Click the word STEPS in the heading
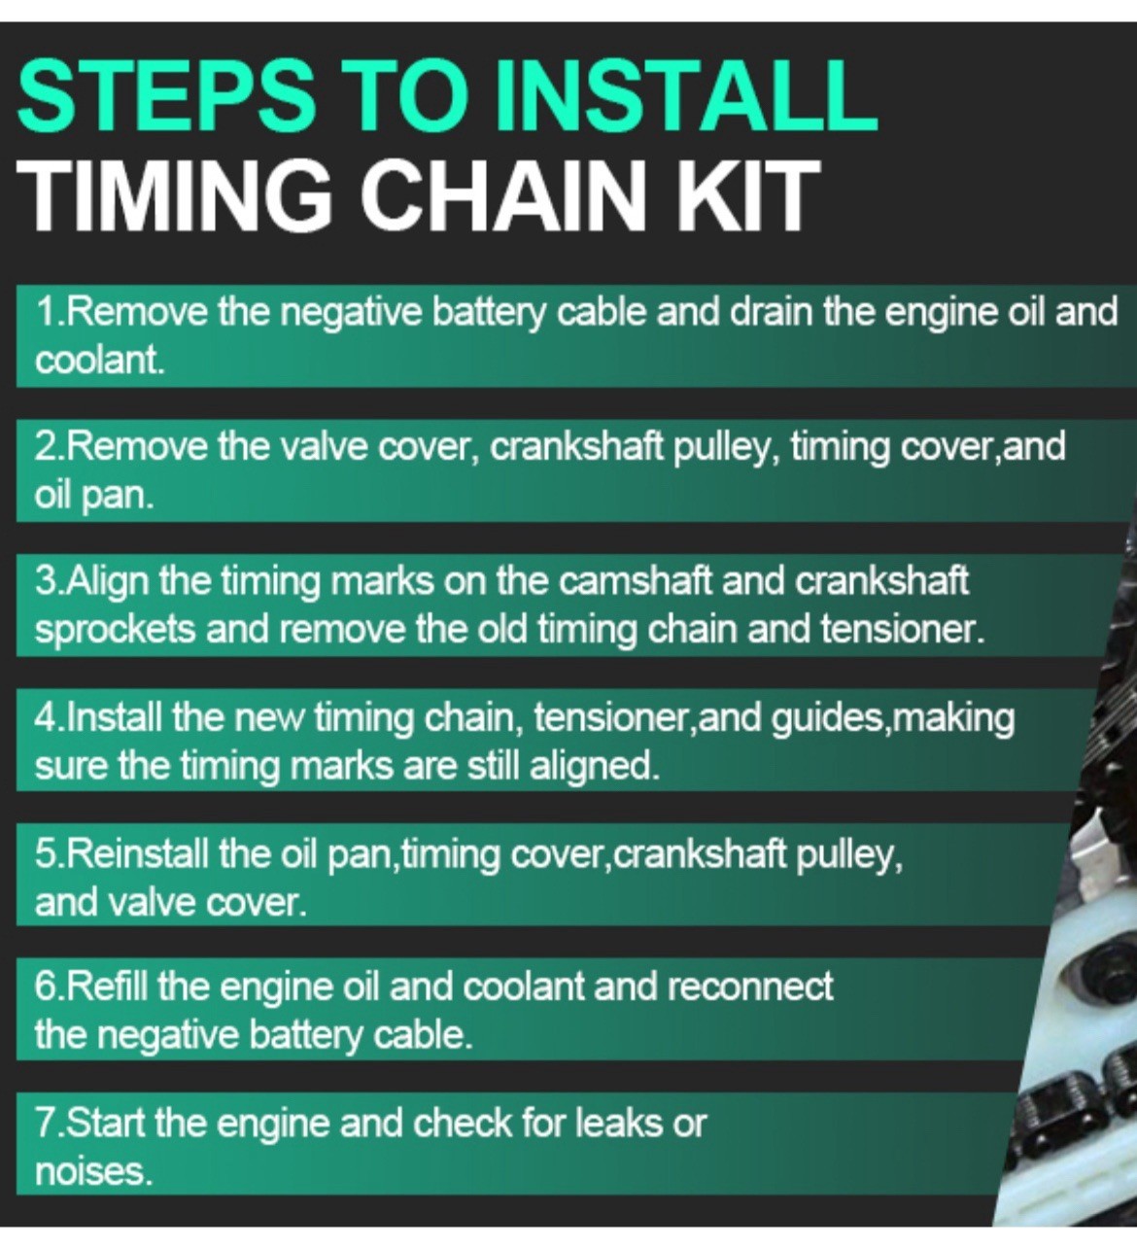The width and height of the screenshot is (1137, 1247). pyautogui.click(x=165, y=94)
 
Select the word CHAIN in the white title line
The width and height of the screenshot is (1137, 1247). pyautogui.click(x=506, y=194)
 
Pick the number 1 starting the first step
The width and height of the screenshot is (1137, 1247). pyautogui.click(x=46, y=313)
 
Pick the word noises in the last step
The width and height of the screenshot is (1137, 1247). pyautogui.click(x=93, y=1173)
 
